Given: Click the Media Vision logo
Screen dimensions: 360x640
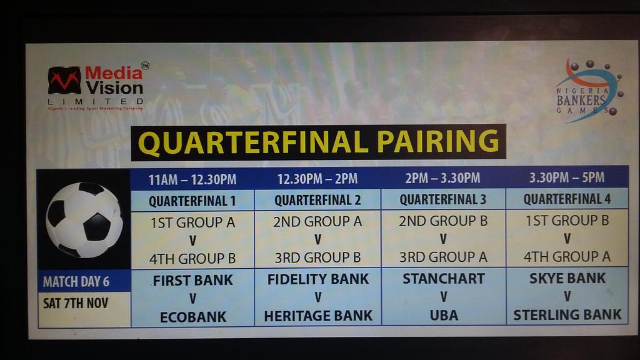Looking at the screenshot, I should click(x=96, y=87).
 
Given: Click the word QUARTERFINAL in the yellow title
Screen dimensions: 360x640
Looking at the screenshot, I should click(x=253, y=142).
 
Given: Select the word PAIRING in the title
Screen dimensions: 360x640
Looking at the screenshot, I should click(x=437, y=142).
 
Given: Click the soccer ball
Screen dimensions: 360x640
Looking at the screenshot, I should click(x=84, y=219).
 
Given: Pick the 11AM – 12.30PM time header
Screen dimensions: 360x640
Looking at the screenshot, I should click(x=192, y=179).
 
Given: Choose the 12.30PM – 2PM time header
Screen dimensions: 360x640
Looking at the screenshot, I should click(x=317, y=179).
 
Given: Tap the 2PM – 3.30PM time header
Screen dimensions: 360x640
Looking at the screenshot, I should click(x=442, y=178).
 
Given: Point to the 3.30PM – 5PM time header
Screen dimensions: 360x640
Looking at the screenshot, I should click(x=566, y=177).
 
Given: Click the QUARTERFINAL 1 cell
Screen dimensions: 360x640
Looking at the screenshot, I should click(x=192, y=201).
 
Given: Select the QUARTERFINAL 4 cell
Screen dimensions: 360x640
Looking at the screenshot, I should click(x=566, y=199).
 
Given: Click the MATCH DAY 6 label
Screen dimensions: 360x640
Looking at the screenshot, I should click(x=76, y=281).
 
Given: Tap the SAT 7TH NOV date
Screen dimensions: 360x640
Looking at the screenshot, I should click(x=76, y=303).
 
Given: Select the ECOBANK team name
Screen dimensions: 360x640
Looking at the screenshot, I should click(x=192, y=317).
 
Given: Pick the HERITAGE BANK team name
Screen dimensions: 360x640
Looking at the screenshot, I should click(x=318, y=316).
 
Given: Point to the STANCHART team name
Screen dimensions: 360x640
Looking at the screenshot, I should click(x=443, y=279).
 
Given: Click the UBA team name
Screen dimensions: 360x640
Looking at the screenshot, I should click(x=443, y=316).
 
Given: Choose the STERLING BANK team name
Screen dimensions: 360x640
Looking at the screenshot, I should click(x=567, y=315).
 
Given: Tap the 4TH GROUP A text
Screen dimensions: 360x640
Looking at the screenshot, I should click(x=567, y=256).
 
